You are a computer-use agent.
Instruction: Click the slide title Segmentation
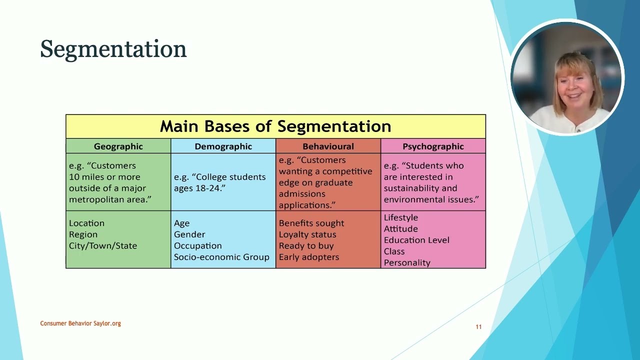(x=113, y=49)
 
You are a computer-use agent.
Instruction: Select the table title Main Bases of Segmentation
(x=275, y=126)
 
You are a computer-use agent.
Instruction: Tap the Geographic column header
(x=118, y=146)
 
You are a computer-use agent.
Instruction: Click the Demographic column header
(x=223, y=146)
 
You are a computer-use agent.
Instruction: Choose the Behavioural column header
(x=328, y=146)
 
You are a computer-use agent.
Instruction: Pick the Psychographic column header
(x=433, y=146)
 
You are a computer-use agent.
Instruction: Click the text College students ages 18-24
(x=219, y=182)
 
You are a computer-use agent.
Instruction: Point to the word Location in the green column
(x=86, y=223)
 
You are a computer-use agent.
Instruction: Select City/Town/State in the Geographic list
(x=103, y=245)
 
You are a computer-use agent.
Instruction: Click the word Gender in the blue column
(x=189, y=234)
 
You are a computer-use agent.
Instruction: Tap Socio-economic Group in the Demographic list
(x=221, y=257)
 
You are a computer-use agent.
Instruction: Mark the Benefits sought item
(x=311, y=223)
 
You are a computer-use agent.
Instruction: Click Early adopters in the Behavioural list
(x=309, y=257)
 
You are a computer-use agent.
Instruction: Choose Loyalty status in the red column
(x=307, y=234)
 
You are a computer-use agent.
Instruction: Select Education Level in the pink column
(x=416, y=240)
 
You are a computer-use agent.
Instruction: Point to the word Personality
(x=407, y=262)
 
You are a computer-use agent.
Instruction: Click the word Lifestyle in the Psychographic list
(x=401, y=217)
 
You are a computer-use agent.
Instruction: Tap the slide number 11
(x=478, y=327)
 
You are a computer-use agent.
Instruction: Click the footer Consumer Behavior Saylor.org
(x=80, y=323)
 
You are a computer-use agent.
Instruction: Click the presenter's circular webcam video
(x=567, y=78)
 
